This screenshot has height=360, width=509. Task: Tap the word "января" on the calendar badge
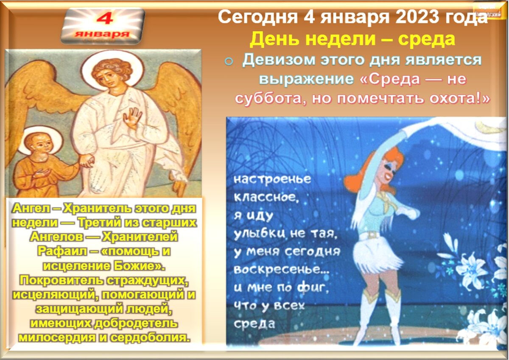102,34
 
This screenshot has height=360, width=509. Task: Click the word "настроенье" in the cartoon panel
272,179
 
